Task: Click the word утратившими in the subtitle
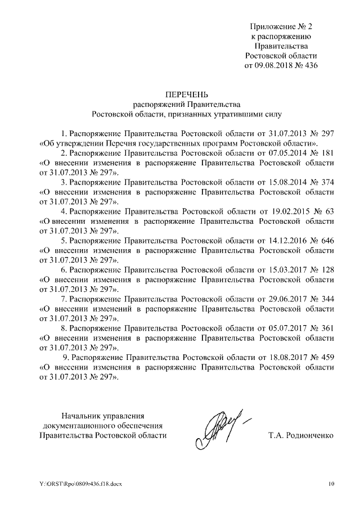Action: point(250,113)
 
